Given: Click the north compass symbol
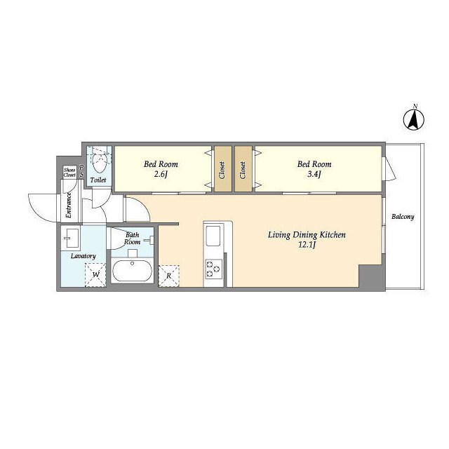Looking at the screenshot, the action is [x=414, y=119].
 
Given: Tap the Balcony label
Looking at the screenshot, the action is [x=403, y=217].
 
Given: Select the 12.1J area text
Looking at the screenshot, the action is [x=307, y=245].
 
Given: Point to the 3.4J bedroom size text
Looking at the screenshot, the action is [x=314, y=174].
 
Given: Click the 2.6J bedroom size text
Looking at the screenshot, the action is [x=161, y=174].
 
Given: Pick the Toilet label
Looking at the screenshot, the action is [x=98, y=180].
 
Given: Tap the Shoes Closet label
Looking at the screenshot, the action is [x=69, y=173].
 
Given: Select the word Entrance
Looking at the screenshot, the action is [x=69, y=205].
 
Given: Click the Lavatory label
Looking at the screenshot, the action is [x=83, y=256].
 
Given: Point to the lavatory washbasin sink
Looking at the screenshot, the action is [x=70, y=239].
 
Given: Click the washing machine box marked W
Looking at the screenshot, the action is [x=95, y=275].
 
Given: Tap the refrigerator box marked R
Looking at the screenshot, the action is [x=169, y=276].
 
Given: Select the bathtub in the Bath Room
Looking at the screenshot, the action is [x=132, y=271].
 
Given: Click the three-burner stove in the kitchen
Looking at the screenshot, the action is [x=213, y=269].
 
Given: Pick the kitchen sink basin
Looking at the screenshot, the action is [x=213, y=236].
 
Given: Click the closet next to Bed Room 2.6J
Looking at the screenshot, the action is [x=223, y=169].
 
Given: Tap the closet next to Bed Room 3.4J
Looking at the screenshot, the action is [x=243, y=169].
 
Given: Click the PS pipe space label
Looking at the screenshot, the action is [x=81, y=170].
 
